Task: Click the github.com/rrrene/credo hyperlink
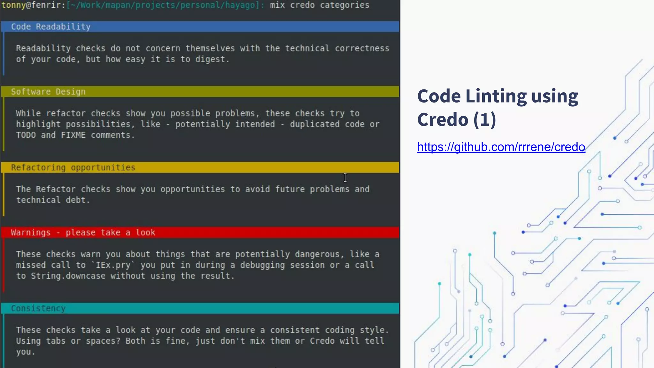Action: (x=501, y=147)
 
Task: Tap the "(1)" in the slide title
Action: (x=484, y=120)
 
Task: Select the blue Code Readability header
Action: (x=51, y=27)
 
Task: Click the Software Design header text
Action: (x=48, y=92)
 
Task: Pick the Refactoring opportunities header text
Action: (x=73, y=168)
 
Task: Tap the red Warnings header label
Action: (x=83, y=233)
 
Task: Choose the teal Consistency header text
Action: (x=38, y=309)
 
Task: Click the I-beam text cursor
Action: (x=345, y=178)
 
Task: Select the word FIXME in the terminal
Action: (x=73, y=135)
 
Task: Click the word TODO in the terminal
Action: (x=26, y=135)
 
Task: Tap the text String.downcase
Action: (x=68, y=276)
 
